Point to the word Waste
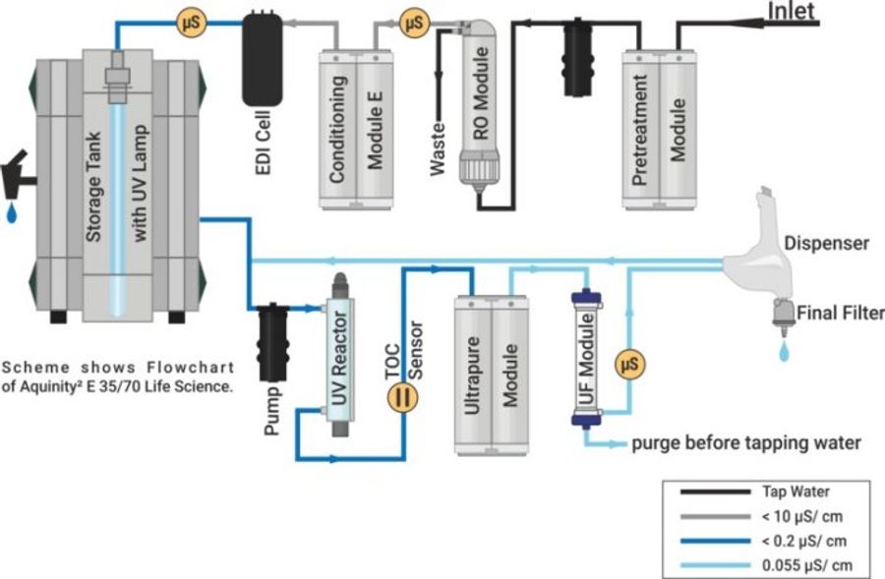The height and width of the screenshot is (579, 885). (441, 148)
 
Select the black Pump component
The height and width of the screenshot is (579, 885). (269, 338)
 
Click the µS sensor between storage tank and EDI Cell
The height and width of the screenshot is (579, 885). (189, 20)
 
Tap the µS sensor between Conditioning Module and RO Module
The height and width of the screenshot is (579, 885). (414, 20)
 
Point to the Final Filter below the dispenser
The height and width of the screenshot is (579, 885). (785, 314)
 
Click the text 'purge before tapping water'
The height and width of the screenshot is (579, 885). (744, 443)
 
